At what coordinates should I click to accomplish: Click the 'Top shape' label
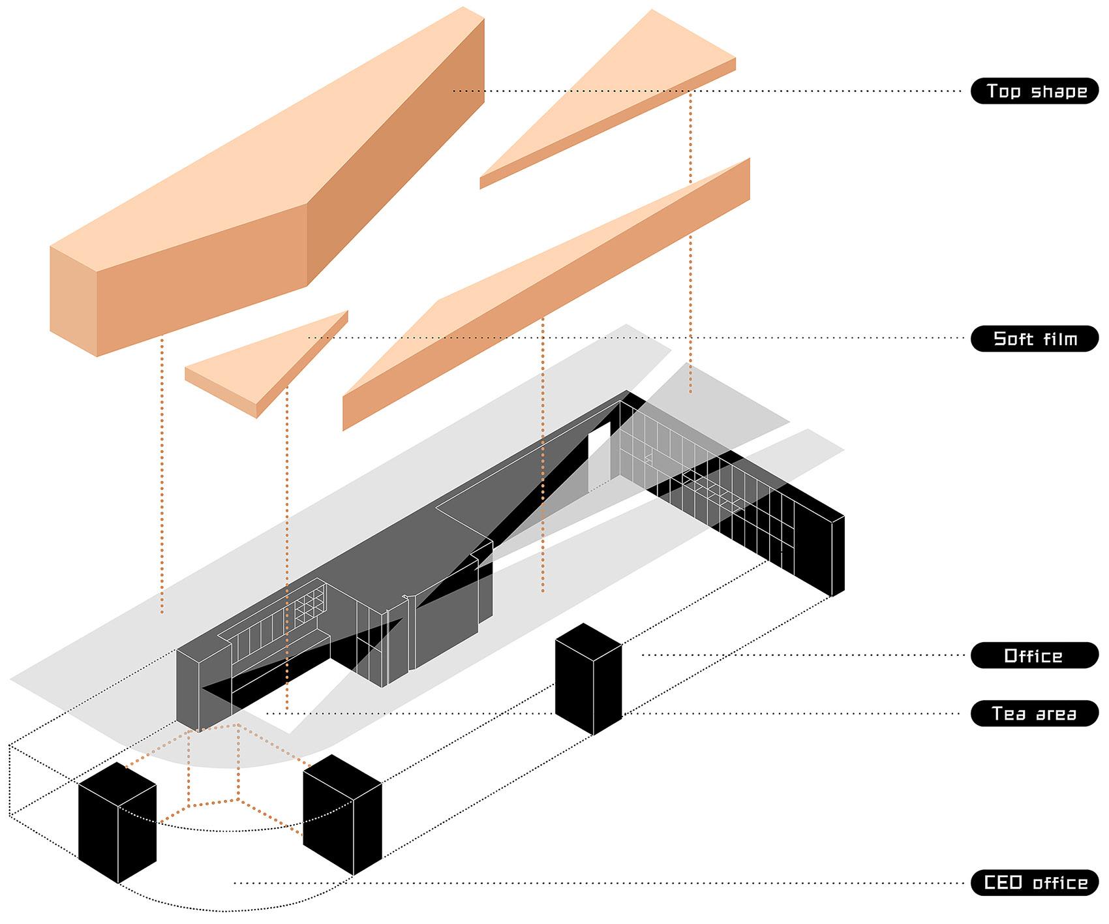pos(1035,91)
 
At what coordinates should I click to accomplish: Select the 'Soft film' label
pos(1035,338)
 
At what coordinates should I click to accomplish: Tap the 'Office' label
pos(1035,655)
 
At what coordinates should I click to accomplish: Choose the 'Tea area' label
pos(1035,713)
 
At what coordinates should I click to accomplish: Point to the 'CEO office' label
pos(1035,883)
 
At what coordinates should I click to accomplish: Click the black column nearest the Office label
pos(588,679)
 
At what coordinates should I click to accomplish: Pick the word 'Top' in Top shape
pos(1003,91)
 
